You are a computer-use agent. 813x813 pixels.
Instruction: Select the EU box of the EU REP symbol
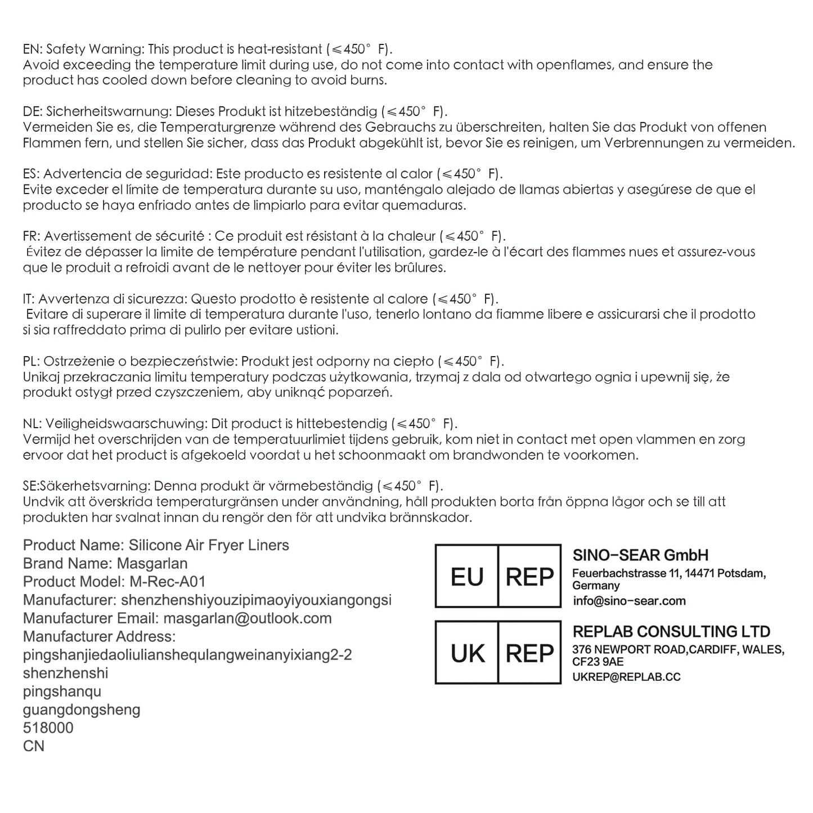pyautogui.click(x=467, y=577)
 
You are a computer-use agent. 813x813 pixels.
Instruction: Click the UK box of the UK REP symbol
pyautogui.click(x=467, y=653)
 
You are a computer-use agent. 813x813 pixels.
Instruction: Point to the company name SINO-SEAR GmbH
pyautogui.click(x=640, y=556)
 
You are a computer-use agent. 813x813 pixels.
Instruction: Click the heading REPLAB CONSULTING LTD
pyautogui.click(x=671, y=632)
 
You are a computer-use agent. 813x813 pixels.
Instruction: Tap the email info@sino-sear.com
pyautogui.click(x=629, y=601)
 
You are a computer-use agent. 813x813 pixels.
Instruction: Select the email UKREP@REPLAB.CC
pyautogui.click(x=626, y=677)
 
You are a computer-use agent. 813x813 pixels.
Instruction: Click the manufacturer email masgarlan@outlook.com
pyautogui.click(x=247, y=618)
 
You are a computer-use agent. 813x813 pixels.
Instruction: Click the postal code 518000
pyautogui.click(x=48, y=728)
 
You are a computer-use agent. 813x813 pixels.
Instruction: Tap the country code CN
pyautogui.click(x=33, y=747)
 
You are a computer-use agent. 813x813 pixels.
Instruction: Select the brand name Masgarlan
pyautogui.click(x=152, y=564)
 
